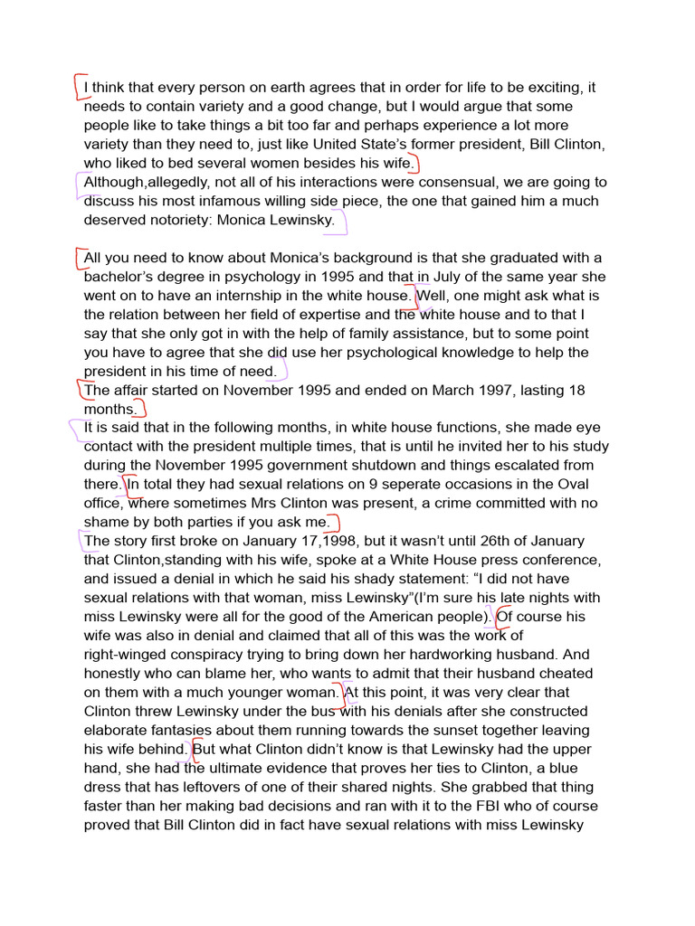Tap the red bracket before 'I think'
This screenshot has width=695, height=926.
coord(78,85)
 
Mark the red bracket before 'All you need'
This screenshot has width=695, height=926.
coord(80,258)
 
